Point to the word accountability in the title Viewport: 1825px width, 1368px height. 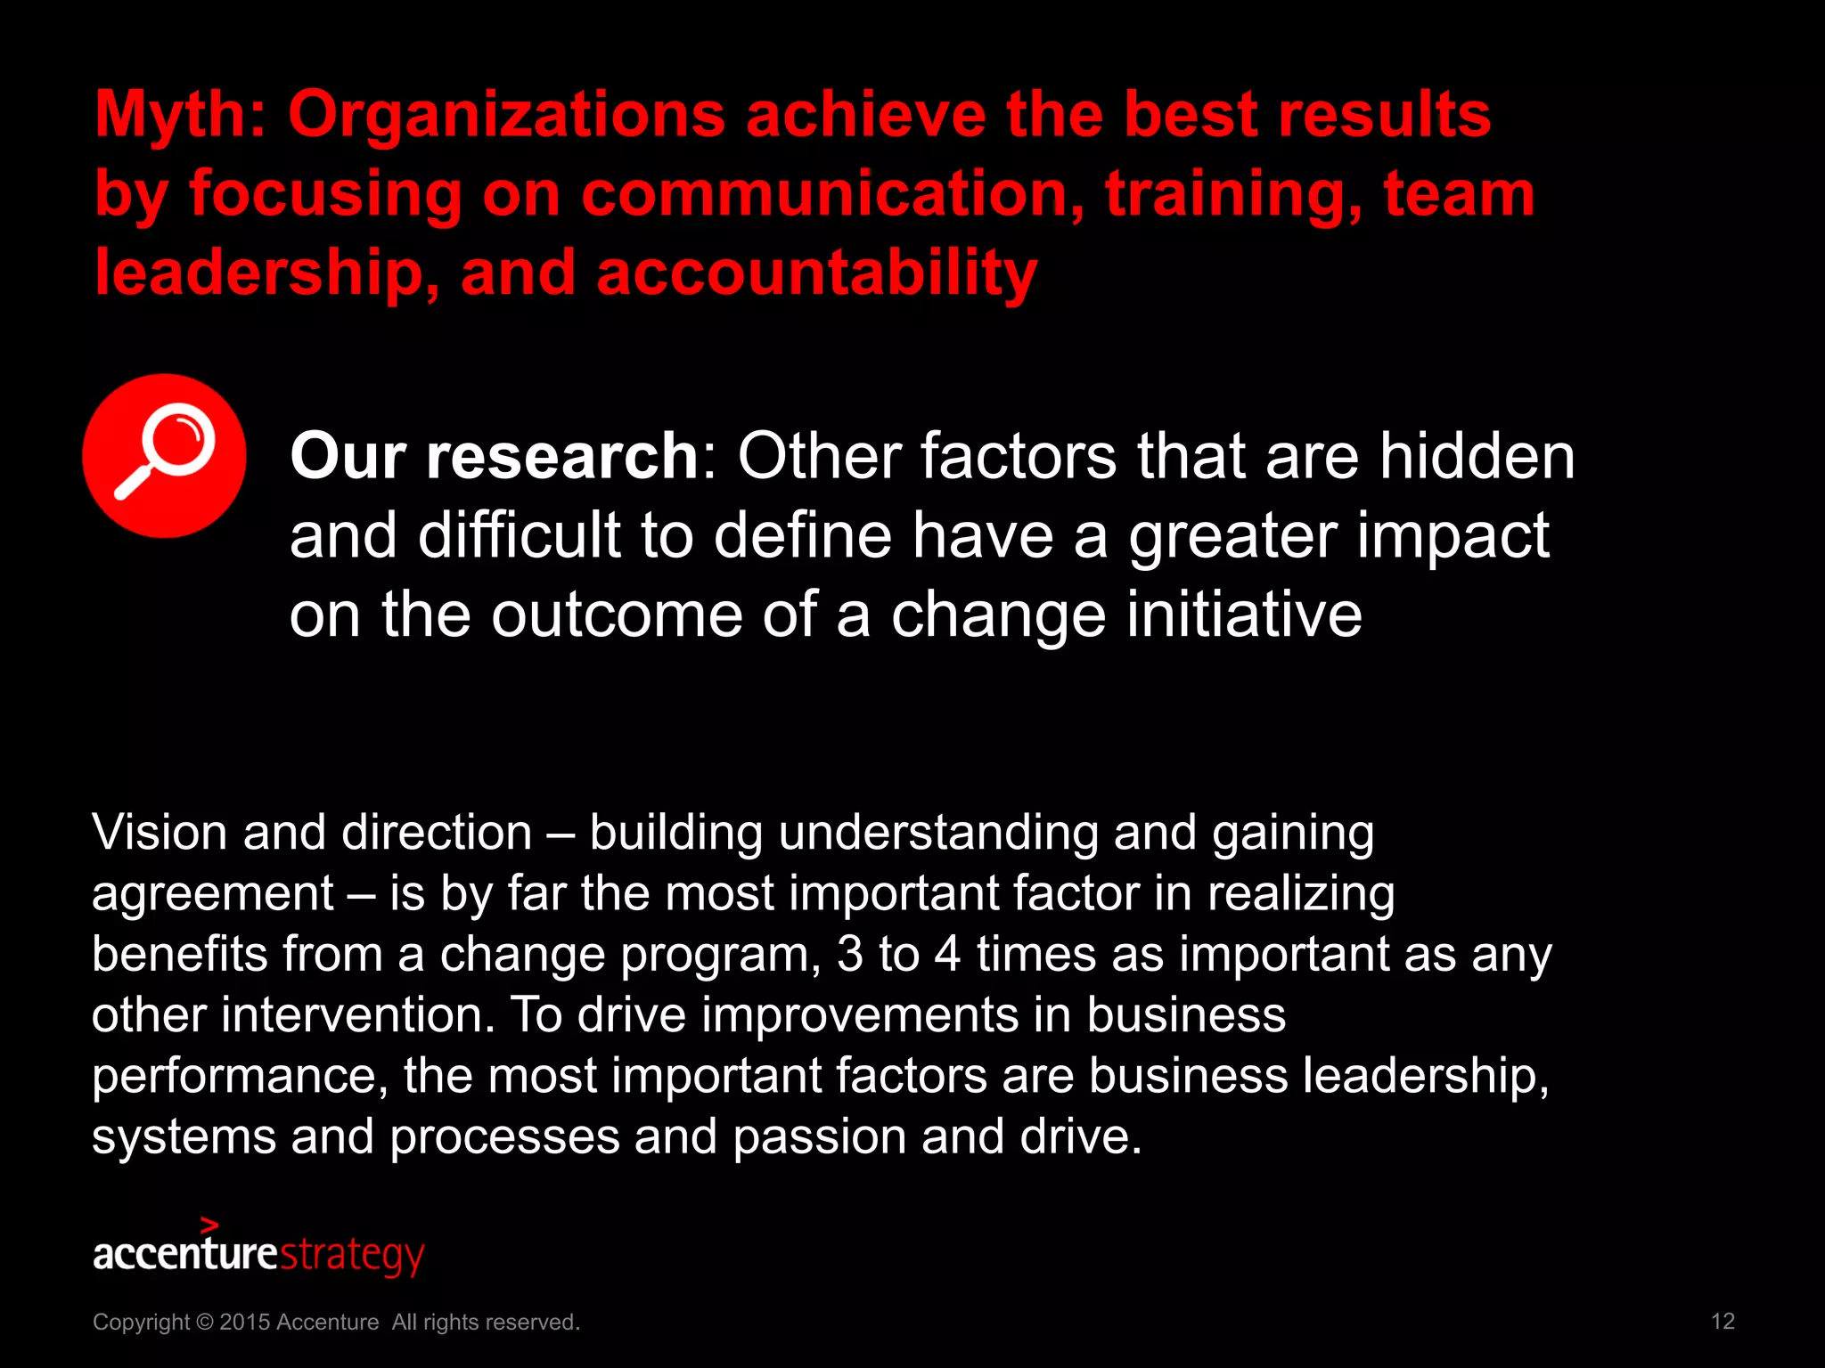816,273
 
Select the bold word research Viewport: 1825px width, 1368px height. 561,456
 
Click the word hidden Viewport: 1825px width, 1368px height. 1477,456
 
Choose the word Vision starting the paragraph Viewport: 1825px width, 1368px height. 160,833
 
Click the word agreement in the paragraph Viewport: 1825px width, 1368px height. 213,894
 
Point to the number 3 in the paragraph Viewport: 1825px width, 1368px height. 849,955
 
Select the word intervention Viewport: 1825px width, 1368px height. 356,1015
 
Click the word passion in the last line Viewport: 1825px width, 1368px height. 819,1137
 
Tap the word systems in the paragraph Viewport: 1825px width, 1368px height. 184,1137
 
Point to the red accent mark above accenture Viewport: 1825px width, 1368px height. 209,1225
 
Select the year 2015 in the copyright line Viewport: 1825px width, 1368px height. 244,1323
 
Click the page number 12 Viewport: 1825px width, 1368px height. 1723,1322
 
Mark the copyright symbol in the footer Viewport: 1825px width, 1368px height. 204,1323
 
